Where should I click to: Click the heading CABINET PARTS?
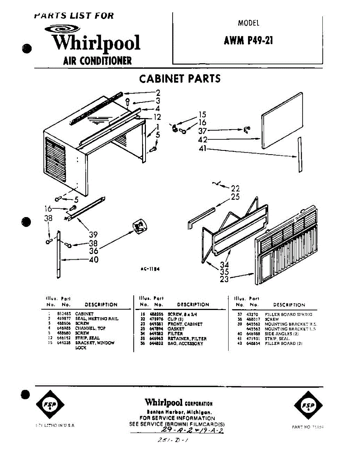point(180,79)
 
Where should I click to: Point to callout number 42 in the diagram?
point(203,140)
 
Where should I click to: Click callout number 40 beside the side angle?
point(93,260)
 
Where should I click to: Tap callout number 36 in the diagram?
point(93,251)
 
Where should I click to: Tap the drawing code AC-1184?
point(149,269)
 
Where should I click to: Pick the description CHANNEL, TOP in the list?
point(90,328)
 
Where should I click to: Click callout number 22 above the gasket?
point(235,189)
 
